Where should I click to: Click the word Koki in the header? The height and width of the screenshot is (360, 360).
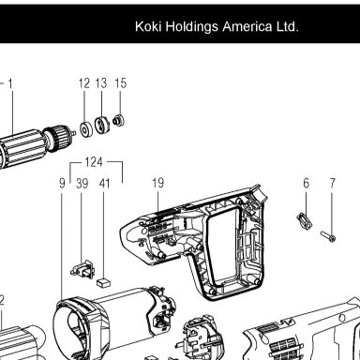(x=148, y=26)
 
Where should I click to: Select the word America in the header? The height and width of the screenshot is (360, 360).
(x=247, y=26)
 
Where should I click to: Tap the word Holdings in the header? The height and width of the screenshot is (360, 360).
(x=191, y=27)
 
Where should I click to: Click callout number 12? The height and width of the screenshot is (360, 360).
(x=84, y=83)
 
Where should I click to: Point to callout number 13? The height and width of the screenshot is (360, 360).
(x=101, y=83)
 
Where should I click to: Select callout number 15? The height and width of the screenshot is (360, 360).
(x=121, y=83)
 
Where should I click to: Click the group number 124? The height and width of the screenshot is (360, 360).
(x=94, y=162)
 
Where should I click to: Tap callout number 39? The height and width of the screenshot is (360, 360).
(x=82, y=183)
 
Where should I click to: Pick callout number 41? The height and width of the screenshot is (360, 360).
(x=105, y=183)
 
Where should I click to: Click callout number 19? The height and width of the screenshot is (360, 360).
(x=158, y=183)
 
